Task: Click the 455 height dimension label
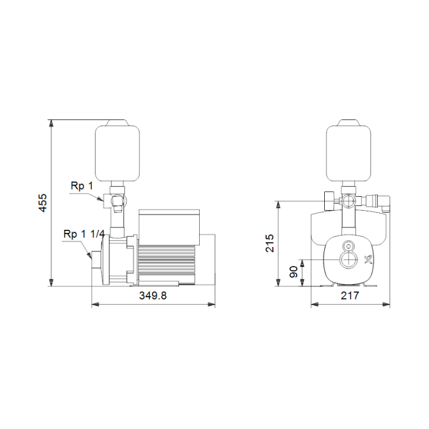43,203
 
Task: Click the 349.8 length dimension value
153,295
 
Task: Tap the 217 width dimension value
350,295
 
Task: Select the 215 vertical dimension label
270,243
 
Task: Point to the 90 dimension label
294,271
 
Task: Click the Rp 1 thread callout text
82,186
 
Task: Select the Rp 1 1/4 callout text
84,234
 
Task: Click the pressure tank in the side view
117,151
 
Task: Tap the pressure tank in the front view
349,151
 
